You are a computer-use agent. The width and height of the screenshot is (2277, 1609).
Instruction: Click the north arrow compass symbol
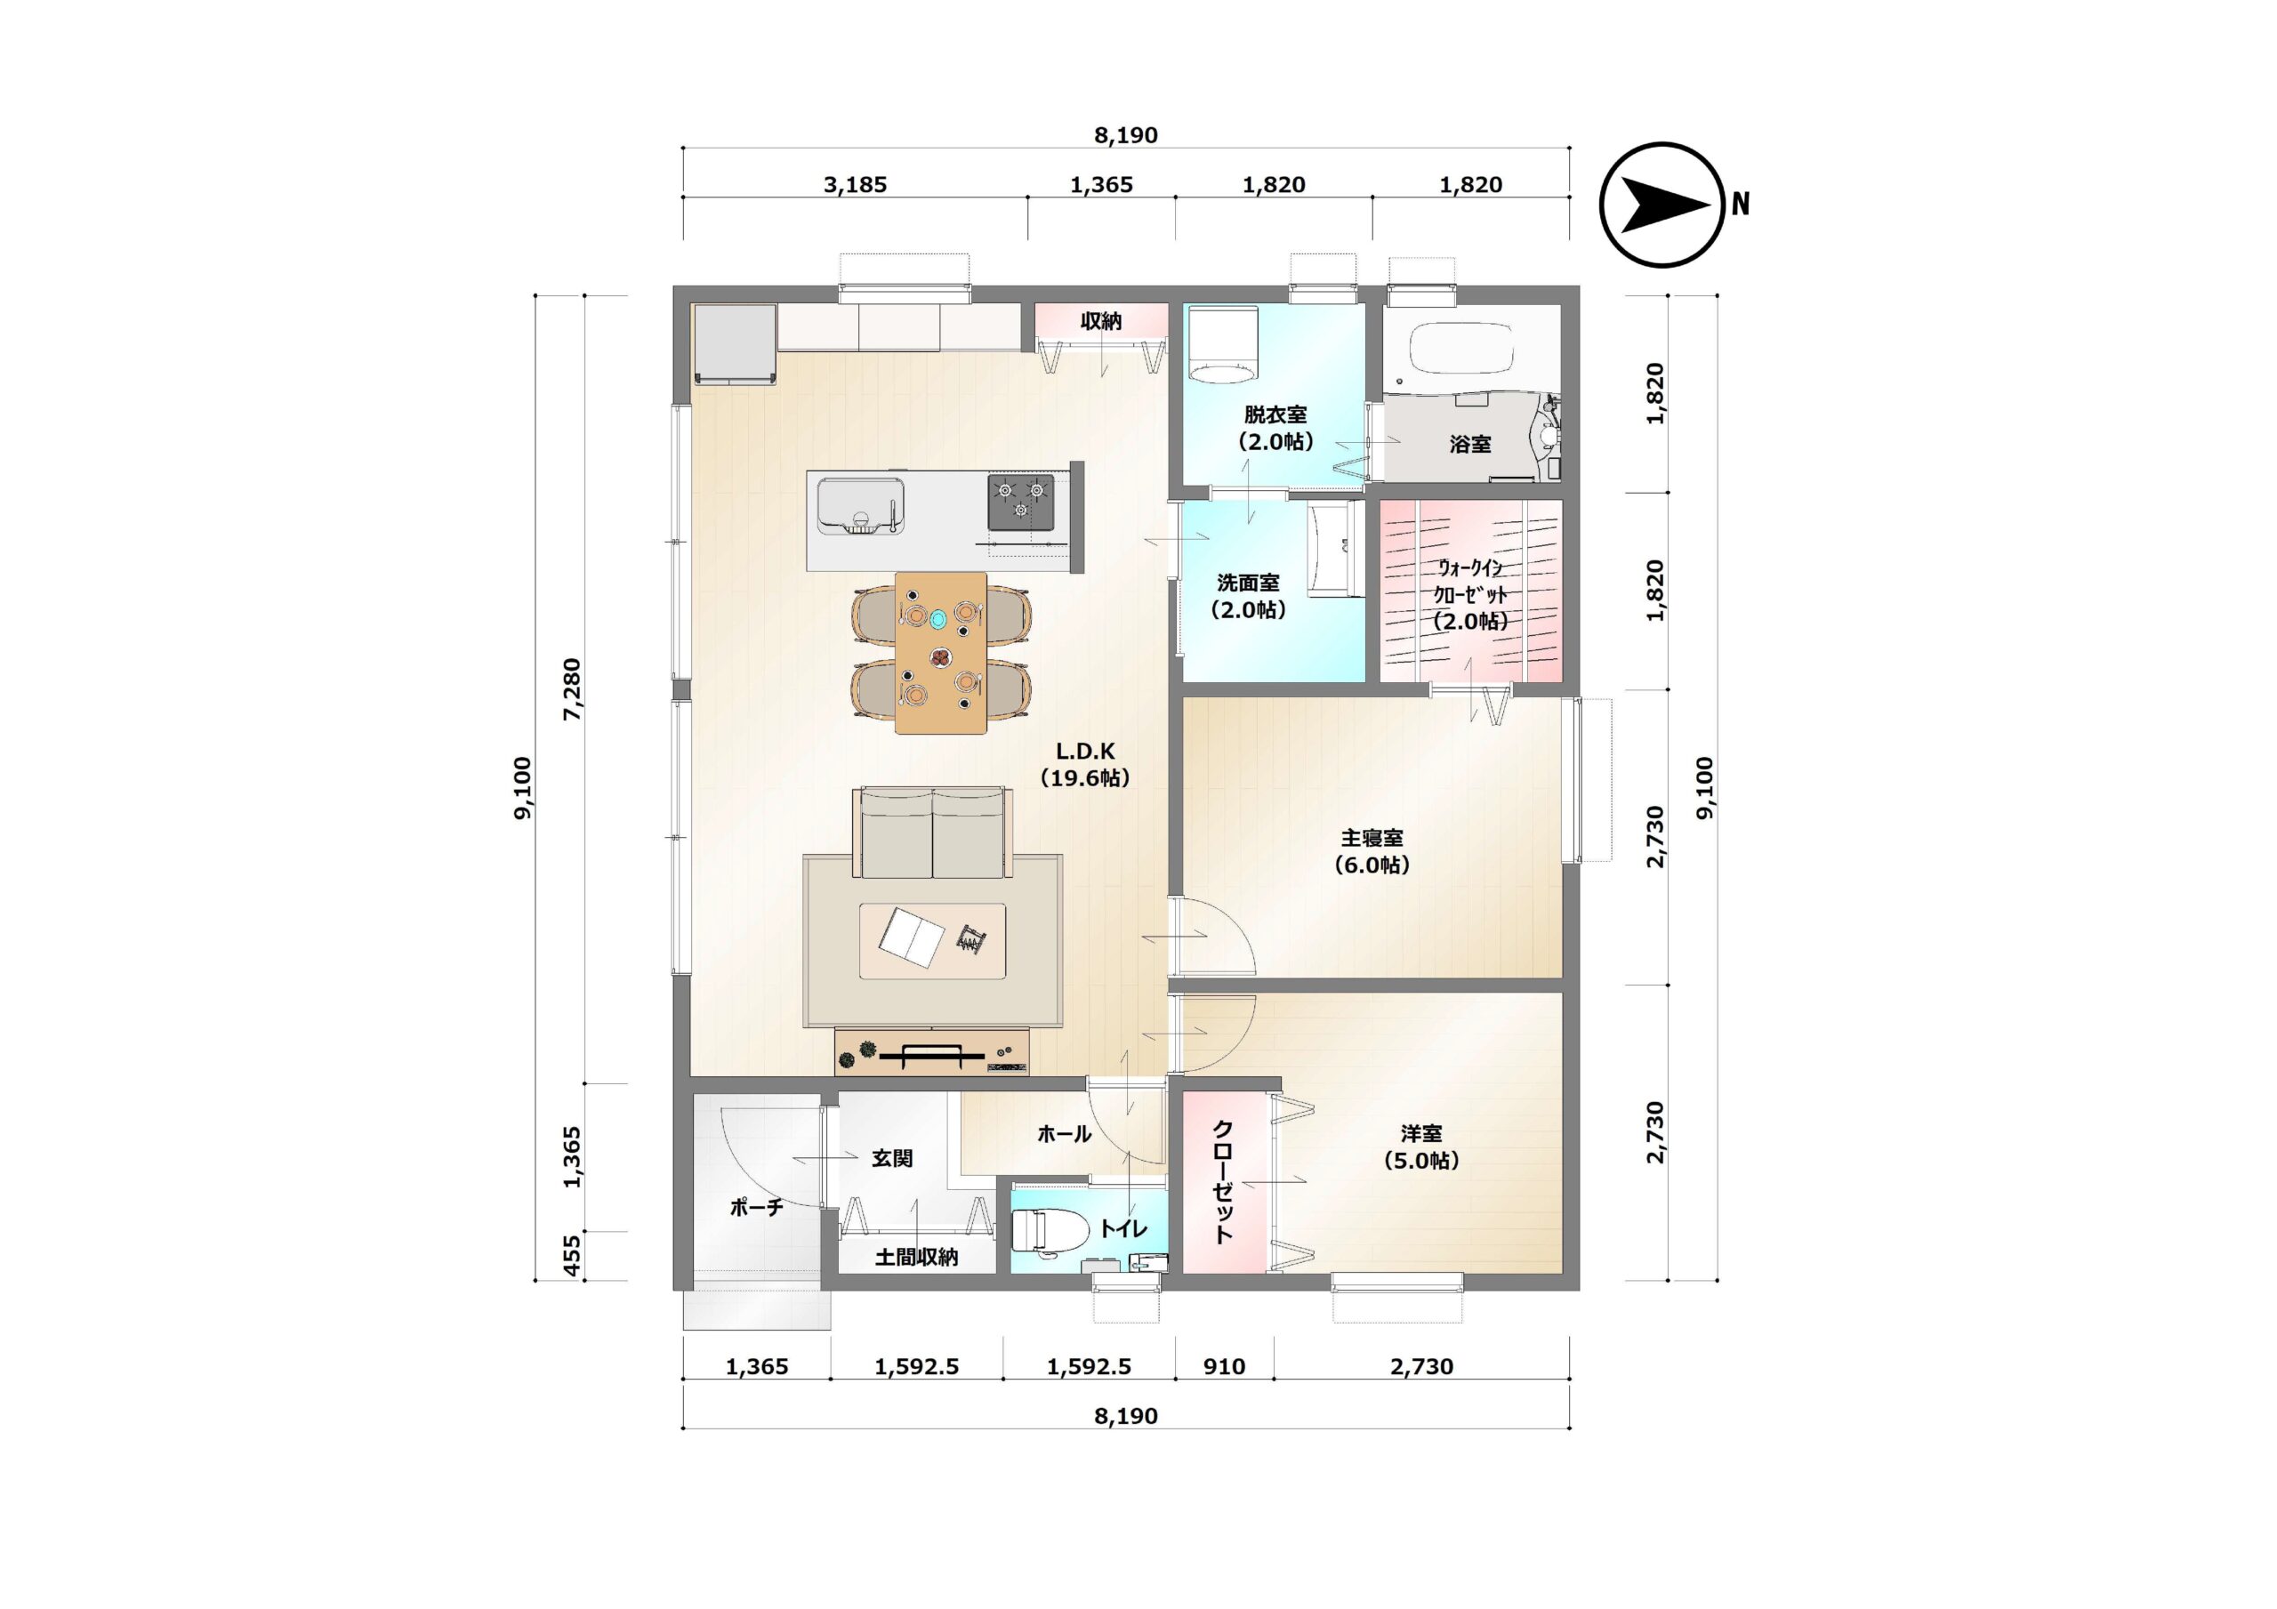(x=1663, y=205)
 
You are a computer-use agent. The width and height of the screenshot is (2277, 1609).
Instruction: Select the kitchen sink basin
(x=859, y=505)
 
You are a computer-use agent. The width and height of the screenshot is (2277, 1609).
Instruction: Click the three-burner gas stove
(x=1020, y=502)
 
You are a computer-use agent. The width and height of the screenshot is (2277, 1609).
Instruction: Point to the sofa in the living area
(x=932, y=833)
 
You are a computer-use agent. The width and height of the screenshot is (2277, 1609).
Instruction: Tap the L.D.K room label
(x=1085, y=765)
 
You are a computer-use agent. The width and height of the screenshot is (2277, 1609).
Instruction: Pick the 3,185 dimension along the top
(x=855, y=184)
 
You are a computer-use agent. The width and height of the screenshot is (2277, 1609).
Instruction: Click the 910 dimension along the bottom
(x=1224, y=1366)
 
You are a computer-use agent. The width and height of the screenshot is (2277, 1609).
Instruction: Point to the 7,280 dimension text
(x=572, y=688)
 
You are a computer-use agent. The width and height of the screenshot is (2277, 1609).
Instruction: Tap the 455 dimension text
(x=572, y=1256)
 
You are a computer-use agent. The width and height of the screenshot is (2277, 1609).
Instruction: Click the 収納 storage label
(x=1101, y=321)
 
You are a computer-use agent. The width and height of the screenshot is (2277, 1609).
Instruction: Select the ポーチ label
(x=757, y=1207)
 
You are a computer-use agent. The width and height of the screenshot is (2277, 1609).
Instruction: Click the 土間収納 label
(x=916, y=1258)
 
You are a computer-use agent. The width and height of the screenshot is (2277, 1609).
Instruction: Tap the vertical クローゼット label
(x=1224, y=1181)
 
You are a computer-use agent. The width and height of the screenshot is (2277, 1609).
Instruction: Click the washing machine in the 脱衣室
(x=1223, y=343)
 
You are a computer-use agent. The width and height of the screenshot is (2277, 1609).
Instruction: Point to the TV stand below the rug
(x=931, y=1051)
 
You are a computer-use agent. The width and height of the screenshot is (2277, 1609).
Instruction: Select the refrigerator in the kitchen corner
(x=735, y=343)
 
